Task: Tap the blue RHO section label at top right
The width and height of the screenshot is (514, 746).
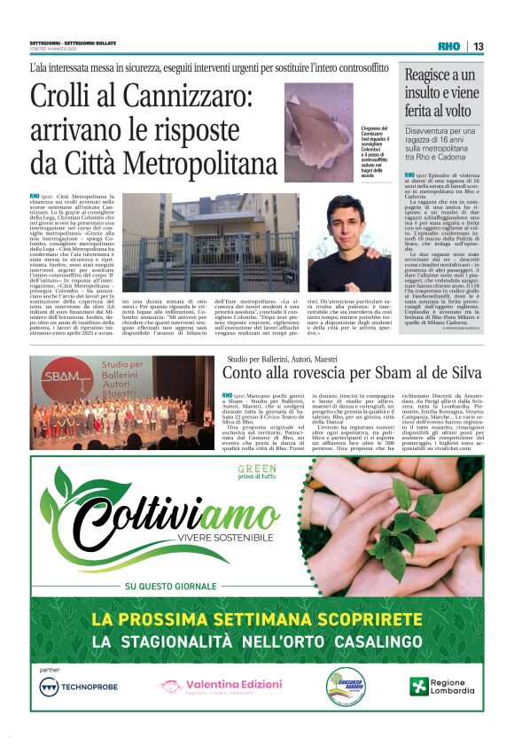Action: tap(449, 46)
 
